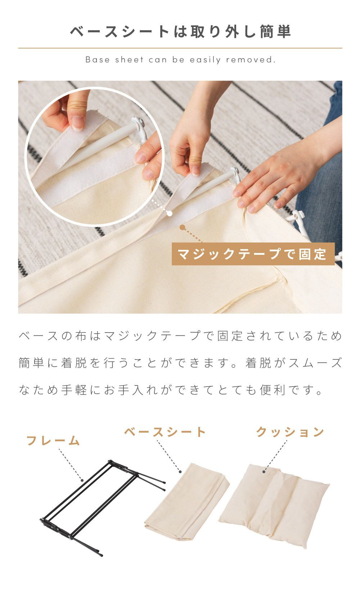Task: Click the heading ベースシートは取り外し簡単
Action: pyautogui.click(x=180, y=31)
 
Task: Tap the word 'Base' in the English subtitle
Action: pyautogui.click(x=98, y=60)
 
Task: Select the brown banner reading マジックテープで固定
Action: pyautogui.click(x=253, y=254)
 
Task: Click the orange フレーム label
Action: pyautogui.click(x=53, y=441)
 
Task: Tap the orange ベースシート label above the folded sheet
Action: pyautogui.click(x=165, y=432)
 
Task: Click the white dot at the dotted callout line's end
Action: pyautogui.click(x=170, y=213)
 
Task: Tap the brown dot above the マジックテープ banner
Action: pyautogui.click(x=182, y=227)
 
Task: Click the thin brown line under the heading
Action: pyautogui.click(x=180, y=48)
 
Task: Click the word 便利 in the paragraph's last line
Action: pyautogui.click(x=273, y=390)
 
